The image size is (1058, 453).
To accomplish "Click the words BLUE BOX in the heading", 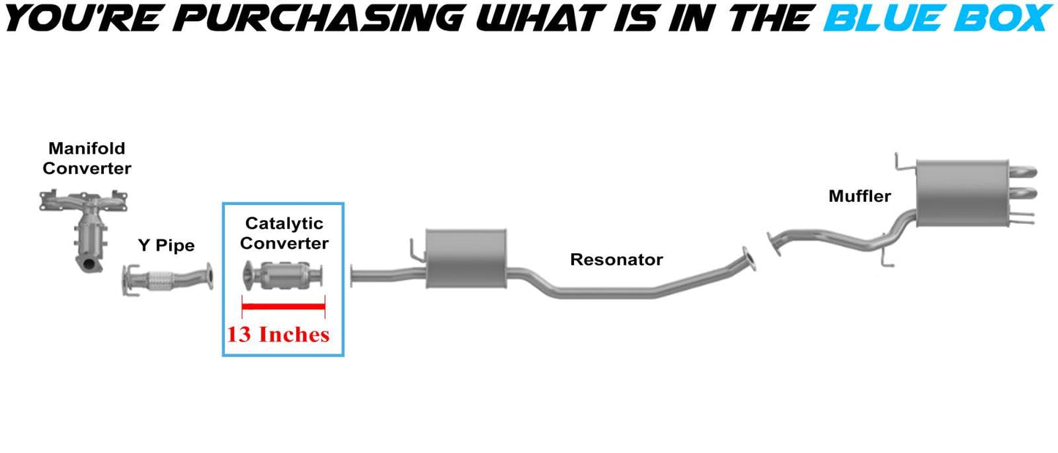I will [937, 18].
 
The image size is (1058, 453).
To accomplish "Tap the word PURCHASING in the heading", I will [293, 18].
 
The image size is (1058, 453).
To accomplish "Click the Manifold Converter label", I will [86, 159].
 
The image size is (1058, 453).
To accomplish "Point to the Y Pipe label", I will [166, 245].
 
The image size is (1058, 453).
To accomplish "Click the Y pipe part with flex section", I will [168, 281].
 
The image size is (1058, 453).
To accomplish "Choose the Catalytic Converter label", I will [284, 233].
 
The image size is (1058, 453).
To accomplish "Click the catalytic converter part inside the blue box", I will [284, 276].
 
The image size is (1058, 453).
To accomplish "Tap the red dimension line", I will [283, 306].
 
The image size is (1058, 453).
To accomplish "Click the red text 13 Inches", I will [278, 334].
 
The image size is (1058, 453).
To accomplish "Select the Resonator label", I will [616, 259].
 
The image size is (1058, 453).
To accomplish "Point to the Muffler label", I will [860, 195].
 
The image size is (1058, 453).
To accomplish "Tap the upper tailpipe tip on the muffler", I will [1025, 173].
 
